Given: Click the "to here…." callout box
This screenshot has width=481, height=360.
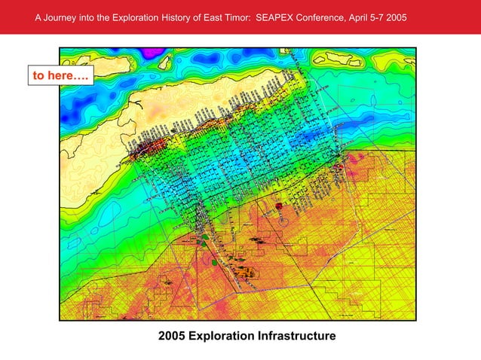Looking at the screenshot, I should point(60,75).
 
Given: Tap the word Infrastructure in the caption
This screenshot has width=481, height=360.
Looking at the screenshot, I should point(296,335).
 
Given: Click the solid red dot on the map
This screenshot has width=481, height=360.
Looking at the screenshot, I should point(278,205).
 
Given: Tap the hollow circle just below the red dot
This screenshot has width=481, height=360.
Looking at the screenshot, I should point(283,221).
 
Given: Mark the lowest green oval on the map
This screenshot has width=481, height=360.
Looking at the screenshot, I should point(215,262).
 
